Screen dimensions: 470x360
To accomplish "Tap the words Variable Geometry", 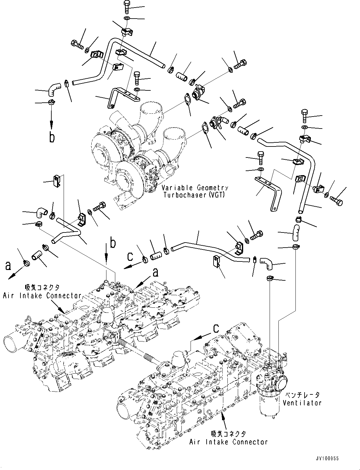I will coord(195,188).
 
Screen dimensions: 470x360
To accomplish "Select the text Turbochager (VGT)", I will coord(194,195).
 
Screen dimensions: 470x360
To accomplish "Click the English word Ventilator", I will coord(302,403).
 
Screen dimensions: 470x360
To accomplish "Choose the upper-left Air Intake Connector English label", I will coord(42,296).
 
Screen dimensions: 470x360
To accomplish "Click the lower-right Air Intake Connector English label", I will coord(228,442).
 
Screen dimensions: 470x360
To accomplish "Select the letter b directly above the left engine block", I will coord(113,244).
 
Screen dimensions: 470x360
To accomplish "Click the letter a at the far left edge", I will coord(8,266).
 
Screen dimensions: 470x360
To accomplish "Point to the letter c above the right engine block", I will coord(216,328).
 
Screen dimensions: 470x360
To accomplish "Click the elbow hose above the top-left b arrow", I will coord(53,88).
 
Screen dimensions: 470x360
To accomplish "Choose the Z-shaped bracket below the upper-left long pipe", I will coord(124,96).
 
